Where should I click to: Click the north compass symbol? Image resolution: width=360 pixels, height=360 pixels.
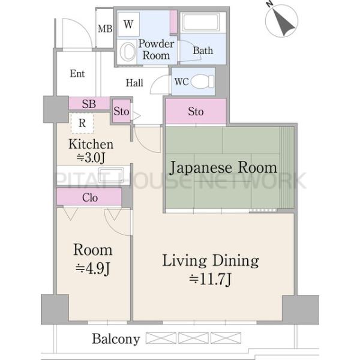(x=281, y=20)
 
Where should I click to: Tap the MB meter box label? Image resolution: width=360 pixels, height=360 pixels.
(x=105, y=29)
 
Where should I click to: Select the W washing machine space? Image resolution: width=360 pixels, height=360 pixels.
(x=128, y=24)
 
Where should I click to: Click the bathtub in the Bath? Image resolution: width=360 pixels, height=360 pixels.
(x=200, y=22)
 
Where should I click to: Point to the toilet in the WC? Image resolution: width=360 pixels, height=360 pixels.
(x=203, y=82)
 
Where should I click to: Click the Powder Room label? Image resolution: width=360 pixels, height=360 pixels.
(x=156, y=50)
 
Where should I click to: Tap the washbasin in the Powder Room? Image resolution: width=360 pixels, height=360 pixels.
(x=127, y=52)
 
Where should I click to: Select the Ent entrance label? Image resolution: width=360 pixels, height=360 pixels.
(x=77, y=73)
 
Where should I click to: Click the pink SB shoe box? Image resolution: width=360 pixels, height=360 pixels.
(x=89, y=104)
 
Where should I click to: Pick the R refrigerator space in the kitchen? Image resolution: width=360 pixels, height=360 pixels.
(x=82, y=123)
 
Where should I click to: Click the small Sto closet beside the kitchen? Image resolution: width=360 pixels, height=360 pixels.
(x=121, y=112)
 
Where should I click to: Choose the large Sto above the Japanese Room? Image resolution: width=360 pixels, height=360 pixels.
(x=196, y=112)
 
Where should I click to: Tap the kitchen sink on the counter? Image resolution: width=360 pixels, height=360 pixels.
(x=111, y=175)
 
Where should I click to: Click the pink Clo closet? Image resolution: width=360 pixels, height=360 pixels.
(x=89, y=197)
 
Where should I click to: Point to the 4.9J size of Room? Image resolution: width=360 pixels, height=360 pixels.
(x=93, y=268)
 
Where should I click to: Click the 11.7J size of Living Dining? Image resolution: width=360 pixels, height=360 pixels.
(x=210, y=279)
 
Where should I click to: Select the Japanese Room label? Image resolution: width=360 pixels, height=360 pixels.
(x=223, y=167)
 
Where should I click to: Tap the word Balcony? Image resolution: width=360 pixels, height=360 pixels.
(x=116, y=339)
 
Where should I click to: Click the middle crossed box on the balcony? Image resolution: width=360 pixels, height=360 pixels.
(x=193, y=338)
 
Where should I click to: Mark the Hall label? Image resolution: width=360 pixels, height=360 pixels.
(x=134, y=83)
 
